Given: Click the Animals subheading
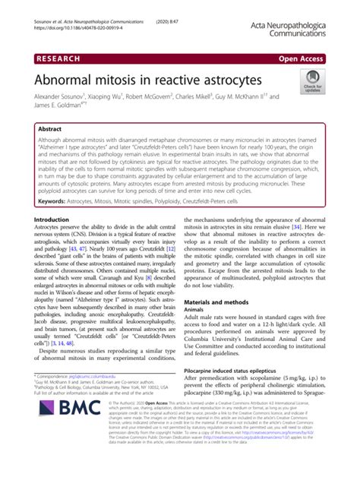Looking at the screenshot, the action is [197, 310].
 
